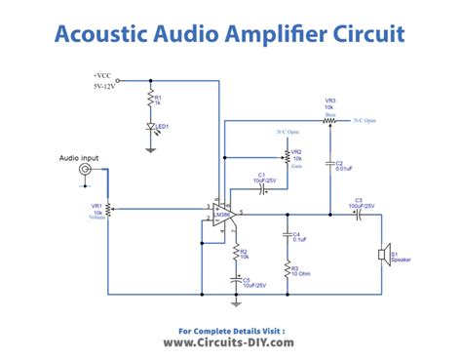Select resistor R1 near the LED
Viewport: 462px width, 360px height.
point(149,100)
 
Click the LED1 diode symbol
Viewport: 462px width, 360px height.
point(149,128)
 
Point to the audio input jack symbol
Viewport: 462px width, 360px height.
point(85,170)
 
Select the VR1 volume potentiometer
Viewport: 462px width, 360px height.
point(107,208)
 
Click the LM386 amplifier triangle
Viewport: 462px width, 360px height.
point(221,214)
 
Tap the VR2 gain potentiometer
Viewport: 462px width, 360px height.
point(287,154)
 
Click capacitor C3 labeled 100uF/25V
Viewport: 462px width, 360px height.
point(359,212)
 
